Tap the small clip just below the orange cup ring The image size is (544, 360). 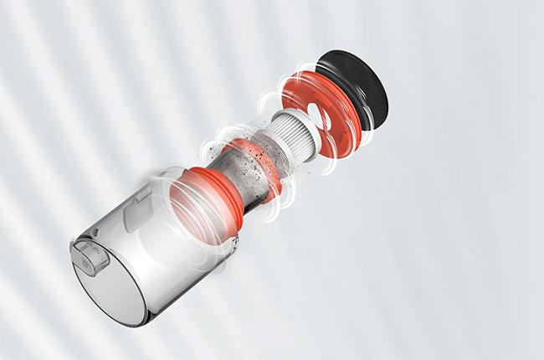235,243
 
